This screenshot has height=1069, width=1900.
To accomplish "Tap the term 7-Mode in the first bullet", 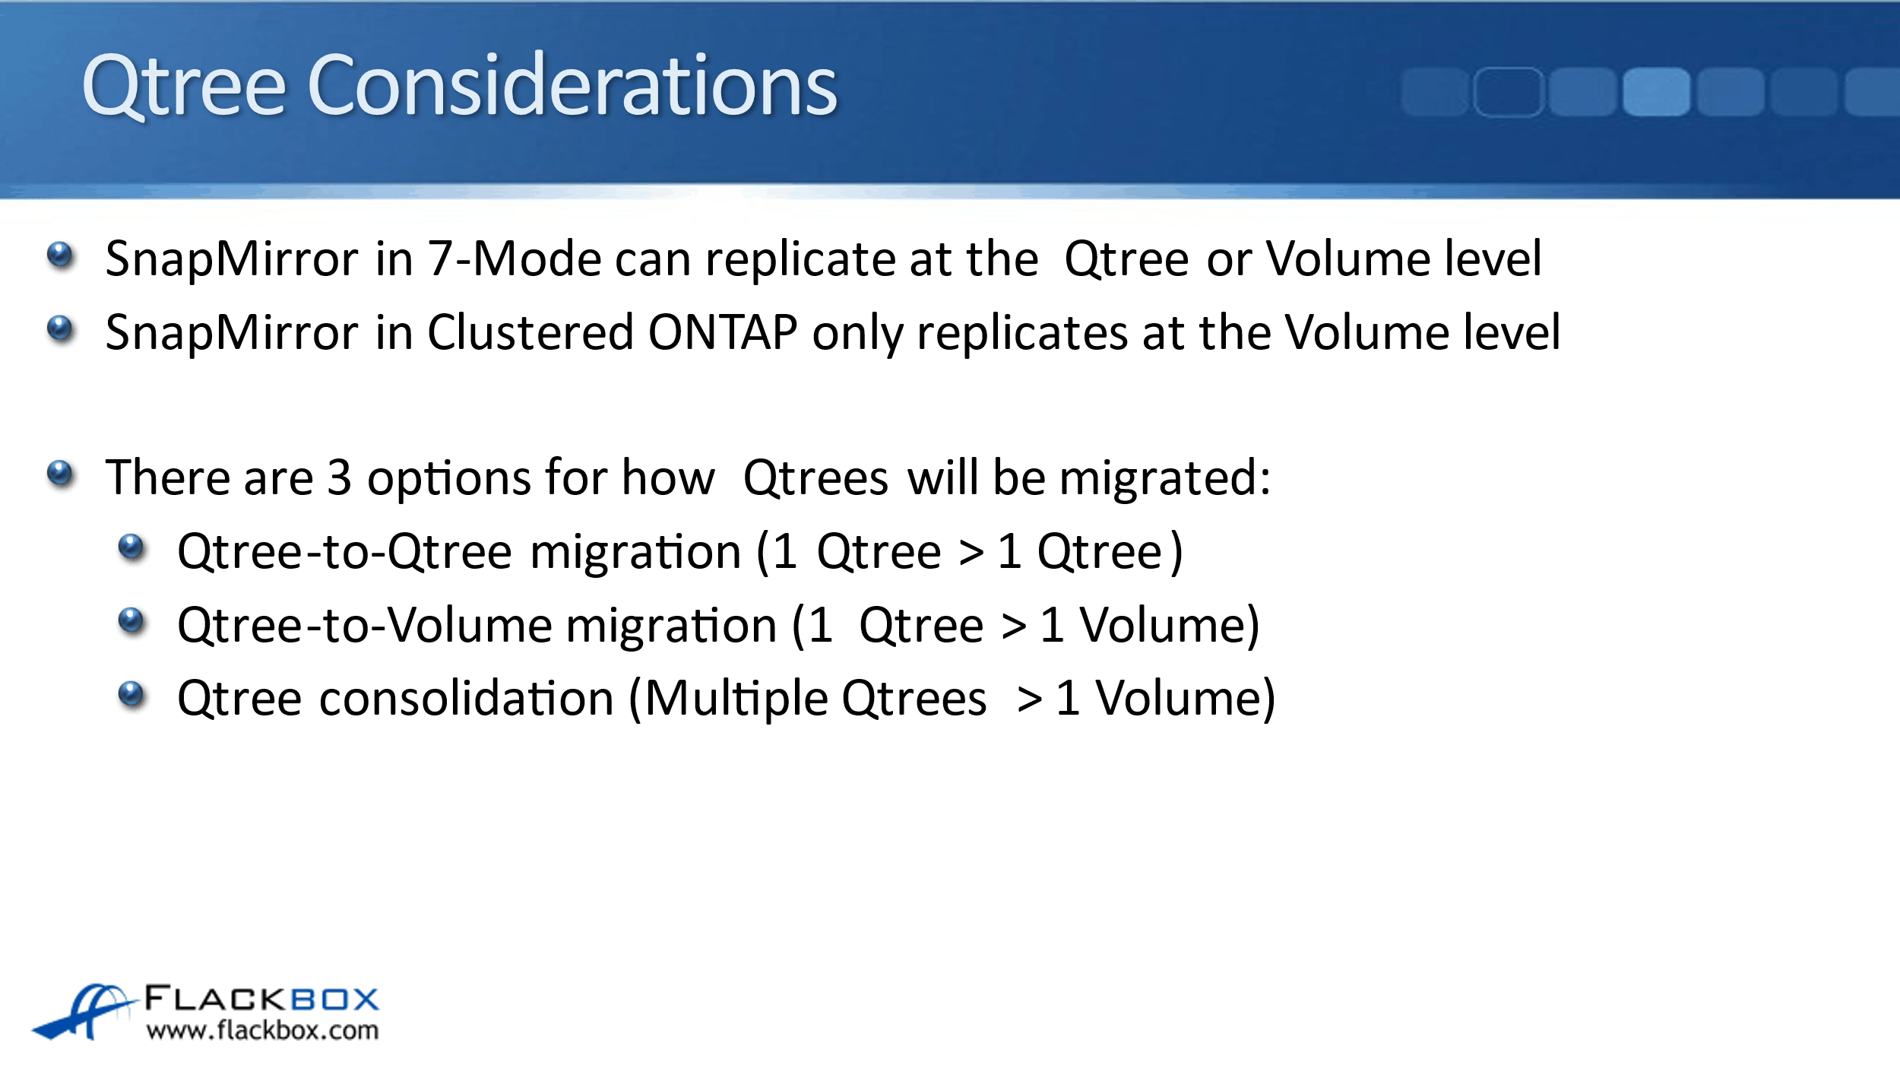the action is tap(515, 259).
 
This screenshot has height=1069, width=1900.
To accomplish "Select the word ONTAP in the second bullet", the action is tap(723, 332).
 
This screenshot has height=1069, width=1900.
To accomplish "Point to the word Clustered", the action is tap(530, 332).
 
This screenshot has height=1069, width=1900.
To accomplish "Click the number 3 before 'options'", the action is tap(339, 477).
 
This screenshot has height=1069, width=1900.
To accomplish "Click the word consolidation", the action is tap(467, 698).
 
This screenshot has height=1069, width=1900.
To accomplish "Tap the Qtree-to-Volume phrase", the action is tap(365, 625).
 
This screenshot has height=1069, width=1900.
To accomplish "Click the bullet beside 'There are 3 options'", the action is tap(60, 474).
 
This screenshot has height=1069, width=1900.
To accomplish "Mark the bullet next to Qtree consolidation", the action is tap(131, 694).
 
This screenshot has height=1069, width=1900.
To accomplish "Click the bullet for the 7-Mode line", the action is tap(60, 255).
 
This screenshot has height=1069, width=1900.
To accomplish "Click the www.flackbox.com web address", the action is tap(263, 1030).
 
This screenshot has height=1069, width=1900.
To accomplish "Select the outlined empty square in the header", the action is tap(1509, 92).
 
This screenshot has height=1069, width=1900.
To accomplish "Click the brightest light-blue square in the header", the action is tap(1657, 92).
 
